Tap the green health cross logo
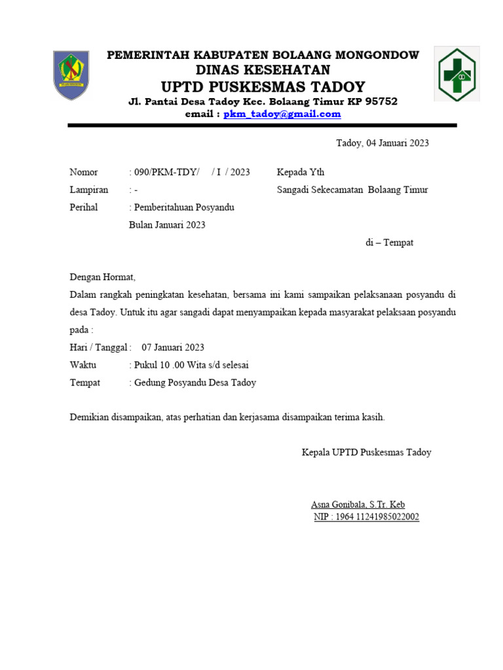click(458, 74)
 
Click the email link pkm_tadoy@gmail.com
click(282, 114)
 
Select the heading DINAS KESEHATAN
click(263, 70)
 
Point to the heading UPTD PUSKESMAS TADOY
click(263, 86)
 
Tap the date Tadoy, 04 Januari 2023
click(382, 143)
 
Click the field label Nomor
click(84, 172)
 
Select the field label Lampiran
click(89, 190)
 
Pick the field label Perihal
click(84, 207)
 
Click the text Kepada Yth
click(301, 172)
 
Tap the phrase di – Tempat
click(389, 243)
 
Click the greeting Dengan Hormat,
click(102, 277)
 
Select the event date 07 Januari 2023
click(173, 347)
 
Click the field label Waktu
click(83, 365)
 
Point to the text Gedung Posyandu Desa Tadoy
click(195, 383)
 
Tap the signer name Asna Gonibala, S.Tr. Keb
click(358, 504)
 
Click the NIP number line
click(367, 517)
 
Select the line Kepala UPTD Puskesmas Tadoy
click(366, 452)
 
